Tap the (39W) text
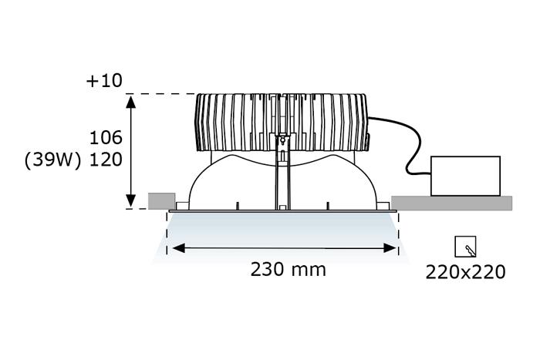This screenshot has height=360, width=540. click(52, 160)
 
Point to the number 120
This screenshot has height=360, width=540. click(106, 160)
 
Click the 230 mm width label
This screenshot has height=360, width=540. click(288, 269)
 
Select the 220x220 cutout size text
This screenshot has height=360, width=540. click(465, 271)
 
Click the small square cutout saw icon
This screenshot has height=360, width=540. click(465, 247)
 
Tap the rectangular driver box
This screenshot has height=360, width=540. click(465, 176)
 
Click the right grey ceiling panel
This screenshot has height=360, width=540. click(451, 202)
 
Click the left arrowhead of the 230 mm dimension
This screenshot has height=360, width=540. click(175, 248)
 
